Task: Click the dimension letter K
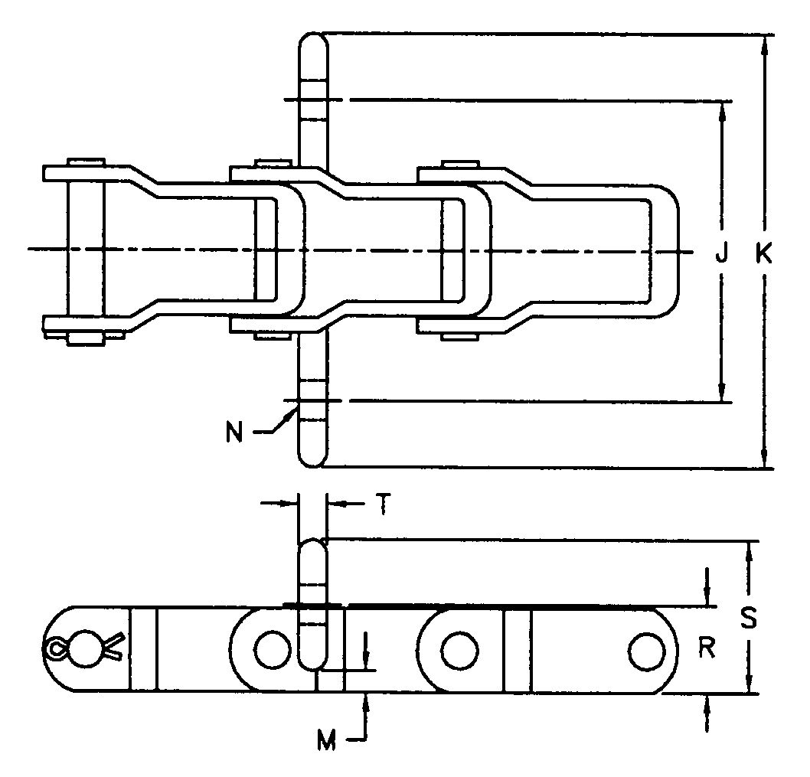(x=763, y=253)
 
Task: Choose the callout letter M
(x=327, y=740)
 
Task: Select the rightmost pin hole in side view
(x=647, y=650)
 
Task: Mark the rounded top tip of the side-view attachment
(x=312, y=545)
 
